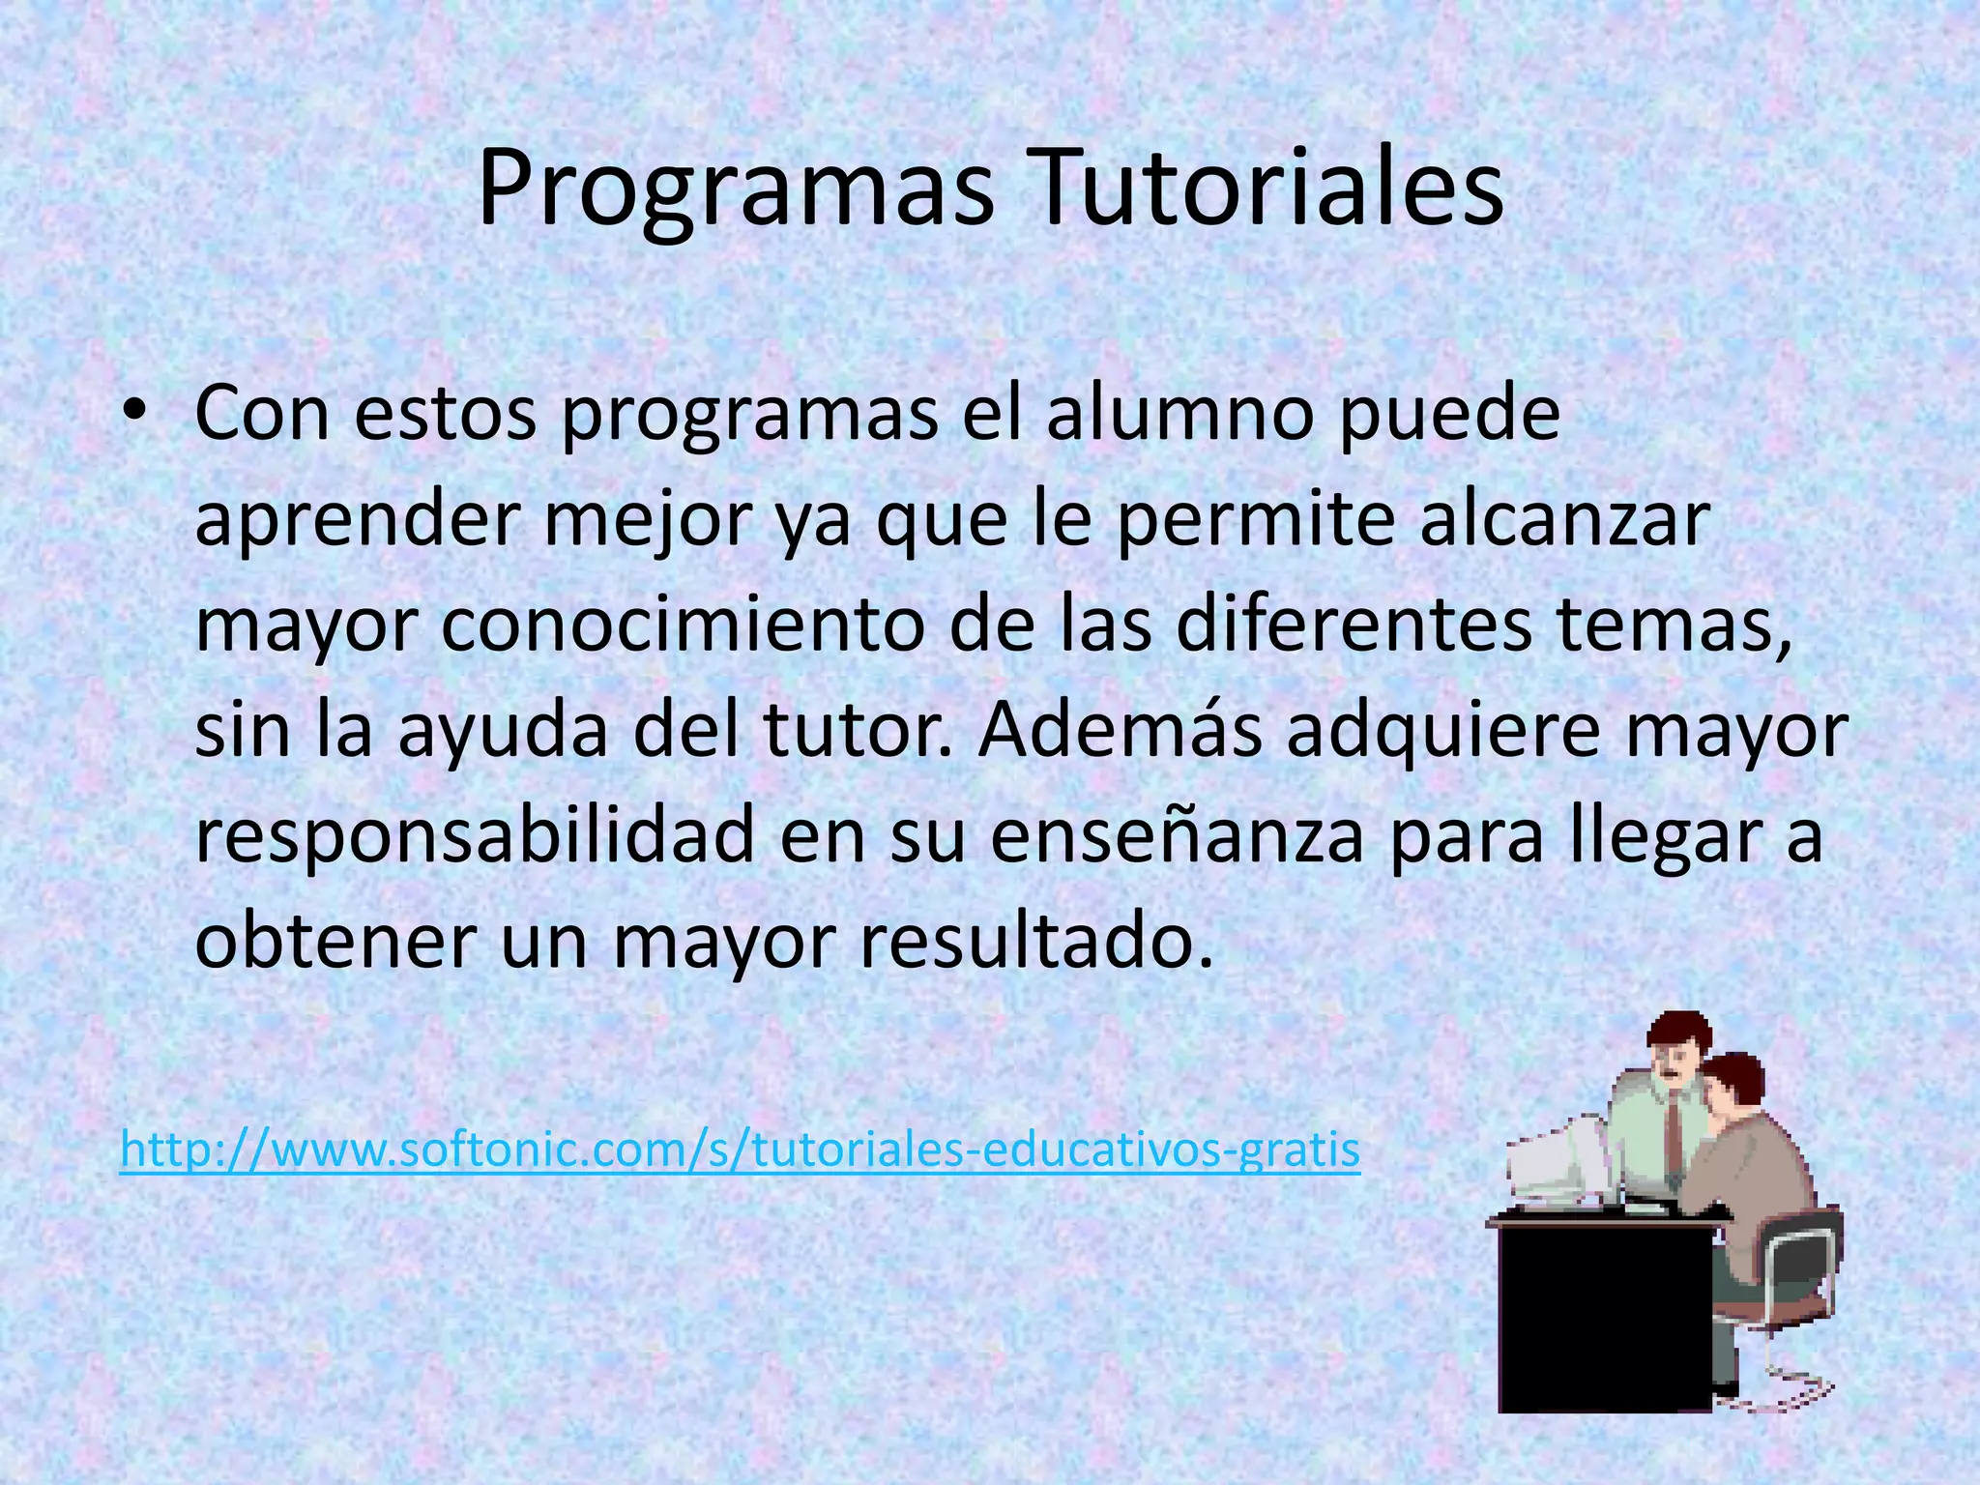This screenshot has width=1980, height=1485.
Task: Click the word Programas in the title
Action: tap(736, 189)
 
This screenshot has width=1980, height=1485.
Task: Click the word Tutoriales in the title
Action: tap(1256, 189)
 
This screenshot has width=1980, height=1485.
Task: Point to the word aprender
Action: tap(357, 520)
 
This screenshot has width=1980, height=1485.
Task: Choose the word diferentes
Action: tap(1354, 626)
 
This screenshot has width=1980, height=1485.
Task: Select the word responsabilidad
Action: tap(475, 837)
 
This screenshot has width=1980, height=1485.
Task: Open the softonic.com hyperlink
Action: tap(740, 1150)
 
